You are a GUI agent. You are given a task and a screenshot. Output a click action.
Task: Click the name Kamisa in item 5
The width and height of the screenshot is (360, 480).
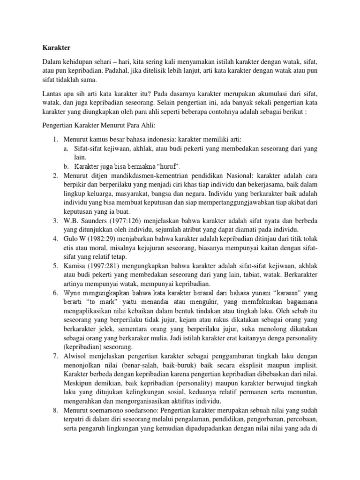(75, 266)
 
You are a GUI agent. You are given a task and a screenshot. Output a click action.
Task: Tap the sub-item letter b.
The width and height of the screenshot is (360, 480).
(66, 166)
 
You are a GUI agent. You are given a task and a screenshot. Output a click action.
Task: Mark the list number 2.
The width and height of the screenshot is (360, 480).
(54, 175)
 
